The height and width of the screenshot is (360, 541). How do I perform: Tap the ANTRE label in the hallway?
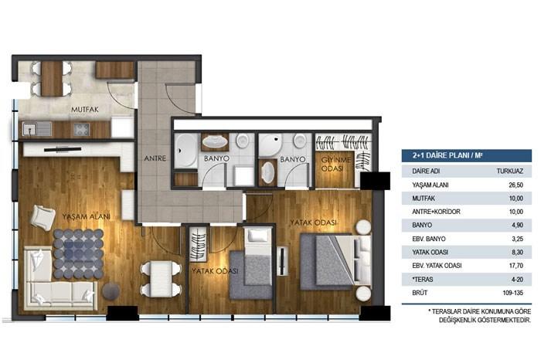click(x=155, y=160)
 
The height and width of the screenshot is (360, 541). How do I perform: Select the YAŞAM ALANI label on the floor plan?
click(x=86, y=216)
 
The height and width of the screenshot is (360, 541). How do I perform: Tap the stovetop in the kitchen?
click(x=81, y=129)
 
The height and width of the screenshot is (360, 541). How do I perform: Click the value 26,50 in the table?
click(x=502, y=185)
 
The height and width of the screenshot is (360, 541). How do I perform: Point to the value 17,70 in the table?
click(x=502, y=265)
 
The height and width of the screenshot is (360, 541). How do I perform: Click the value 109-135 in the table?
click(x=501, y=292)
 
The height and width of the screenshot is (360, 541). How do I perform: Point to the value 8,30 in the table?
click(x=503, y=252)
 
